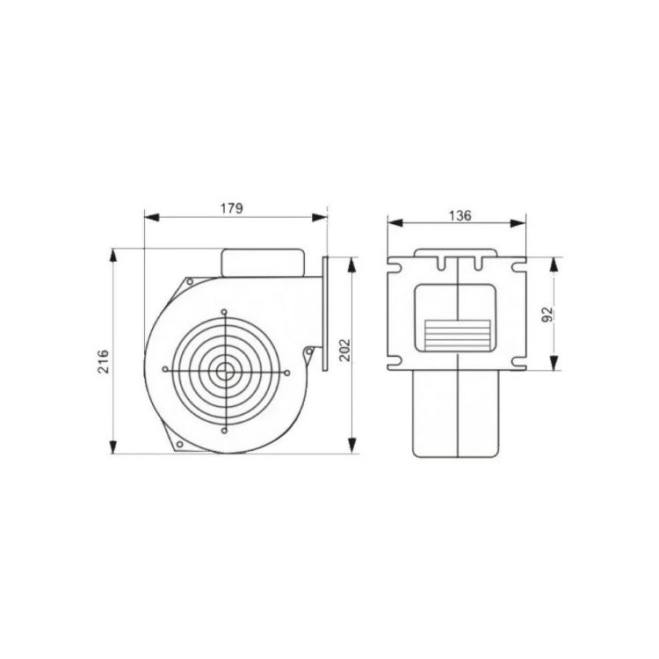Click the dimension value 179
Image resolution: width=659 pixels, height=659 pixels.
pos(232,207)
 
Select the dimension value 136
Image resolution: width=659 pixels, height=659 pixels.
pos(460,215)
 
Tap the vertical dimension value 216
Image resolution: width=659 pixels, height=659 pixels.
pos(104,361)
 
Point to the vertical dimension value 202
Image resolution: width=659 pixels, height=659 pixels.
pos(344,350)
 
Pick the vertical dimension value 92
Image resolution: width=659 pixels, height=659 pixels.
pos(548,315)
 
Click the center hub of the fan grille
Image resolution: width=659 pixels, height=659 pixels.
pos(225,371)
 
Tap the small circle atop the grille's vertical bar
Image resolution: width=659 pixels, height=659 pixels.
pos(224,312)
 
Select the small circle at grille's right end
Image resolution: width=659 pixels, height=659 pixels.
pos(287,373)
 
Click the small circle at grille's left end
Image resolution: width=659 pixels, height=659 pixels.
pos(165,369)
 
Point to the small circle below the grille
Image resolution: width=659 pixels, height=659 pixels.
pos(224,431)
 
